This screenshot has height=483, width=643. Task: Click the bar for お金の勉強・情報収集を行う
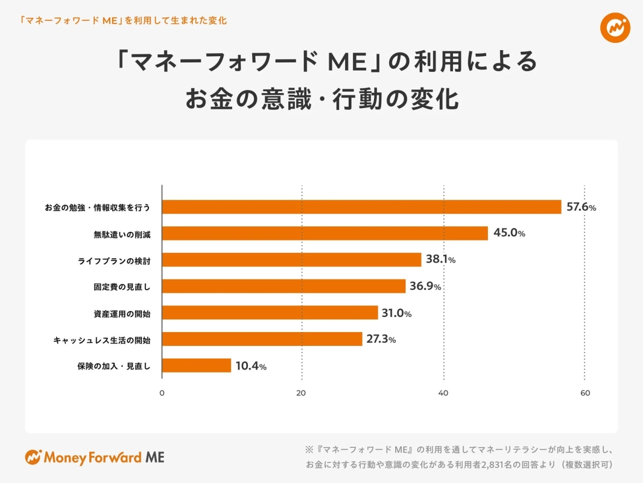coord(362,207)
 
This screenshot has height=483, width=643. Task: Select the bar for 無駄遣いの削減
coord(325,234)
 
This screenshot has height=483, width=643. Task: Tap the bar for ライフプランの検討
coord(292,260)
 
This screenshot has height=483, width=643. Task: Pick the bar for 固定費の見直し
coord(284,286)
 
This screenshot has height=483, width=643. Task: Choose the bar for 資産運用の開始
coord(270,313)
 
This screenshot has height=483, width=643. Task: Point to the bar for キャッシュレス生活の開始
coord(262,339)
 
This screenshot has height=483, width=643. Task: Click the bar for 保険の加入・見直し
coord(197,365)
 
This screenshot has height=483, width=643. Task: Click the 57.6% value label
coord(581,207)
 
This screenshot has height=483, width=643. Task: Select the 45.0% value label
coord(508,234)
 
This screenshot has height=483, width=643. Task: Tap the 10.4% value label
coord(251,366)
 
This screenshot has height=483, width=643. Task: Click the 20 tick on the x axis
coord(302,393)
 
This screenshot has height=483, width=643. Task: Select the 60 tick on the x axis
coord(584,393)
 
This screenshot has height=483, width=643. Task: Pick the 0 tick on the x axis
coord(162,393)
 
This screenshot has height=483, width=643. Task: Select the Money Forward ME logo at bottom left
coord(95,457)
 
